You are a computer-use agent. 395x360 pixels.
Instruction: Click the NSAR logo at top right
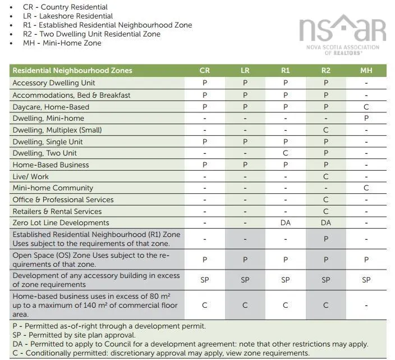[x=342, y=34]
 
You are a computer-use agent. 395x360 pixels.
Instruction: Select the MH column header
[x=366, y=71]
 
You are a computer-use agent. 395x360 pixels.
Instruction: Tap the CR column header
[x=205, y=71]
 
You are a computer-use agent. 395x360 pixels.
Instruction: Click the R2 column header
[x=326, y=71]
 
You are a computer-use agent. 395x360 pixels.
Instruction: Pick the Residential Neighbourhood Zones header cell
[x=72, y=71]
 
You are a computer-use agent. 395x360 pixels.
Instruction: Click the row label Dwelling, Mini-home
[x=48, y=119]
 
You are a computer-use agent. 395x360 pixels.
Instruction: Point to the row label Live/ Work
[x=31, y=176]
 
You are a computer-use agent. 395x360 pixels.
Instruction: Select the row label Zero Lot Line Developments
[x=61, y=223]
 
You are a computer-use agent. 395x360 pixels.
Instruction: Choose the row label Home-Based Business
[x=50, y=165]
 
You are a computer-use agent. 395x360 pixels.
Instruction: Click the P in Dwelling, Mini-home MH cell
[x=366, y=119]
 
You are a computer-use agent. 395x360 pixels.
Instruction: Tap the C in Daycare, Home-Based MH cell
[x=366, y=107]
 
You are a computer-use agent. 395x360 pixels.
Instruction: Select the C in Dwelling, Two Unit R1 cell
[x=286, y=153]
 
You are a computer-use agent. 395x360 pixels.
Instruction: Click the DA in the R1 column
[x=286, y=223]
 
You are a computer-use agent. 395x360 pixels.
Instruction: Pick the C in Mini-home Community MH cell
[x=366, y=188]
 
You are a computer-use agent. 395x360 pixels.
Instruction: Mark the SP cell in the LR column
[x=245, y=280]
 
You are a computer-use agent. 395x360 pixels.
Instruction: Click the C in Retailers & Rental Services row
[x=326, y=212]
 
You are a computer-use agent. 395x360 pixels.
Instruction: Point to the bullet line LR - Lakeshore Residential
[x=68, y=16]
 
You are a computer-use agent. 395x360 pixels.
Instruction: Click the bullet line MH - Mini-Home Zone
[x=62, y=43]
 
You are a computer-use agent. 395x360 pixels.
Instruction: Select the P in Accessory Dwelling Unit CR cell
[x=205, y=83]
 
